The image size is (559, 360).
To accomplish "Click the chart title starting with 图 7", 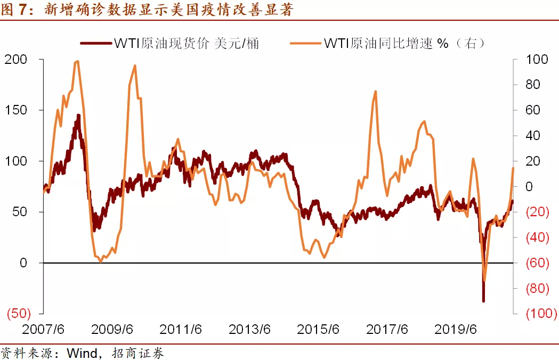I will coord(147,9).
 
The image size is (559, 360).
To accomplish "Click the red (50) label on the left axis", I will coord(19,313).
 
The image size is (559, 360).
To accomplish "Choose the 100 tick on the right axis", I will coord(537,59).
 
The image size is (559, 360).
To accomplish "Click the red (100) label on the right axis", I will coord(541,314).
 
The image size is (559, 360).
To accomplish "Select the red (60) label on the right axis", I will coord(538,263).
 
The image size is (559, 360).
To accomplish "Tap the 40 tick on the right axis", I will coord(533,136).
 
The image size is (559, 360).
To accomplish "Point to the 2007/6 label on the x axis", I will coord(44,329).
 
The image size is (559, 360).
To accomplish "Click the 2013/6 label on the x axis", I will coord(250,329).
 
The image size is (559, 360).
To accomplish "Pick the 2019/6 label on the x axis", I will coord(456,329).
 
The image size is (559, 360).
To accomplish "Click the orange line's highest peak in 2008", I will coord(78,61).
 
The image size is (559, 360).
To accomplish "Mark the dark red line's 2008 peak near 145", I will coord(78,115).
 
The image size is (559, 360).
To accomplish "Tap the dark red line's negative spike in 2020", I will coord(483,301).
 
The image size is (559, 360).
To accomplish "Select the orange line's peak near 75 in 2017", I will coord(376,91).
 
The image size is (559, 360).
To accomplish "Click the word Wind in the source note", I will coord(81,353).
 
